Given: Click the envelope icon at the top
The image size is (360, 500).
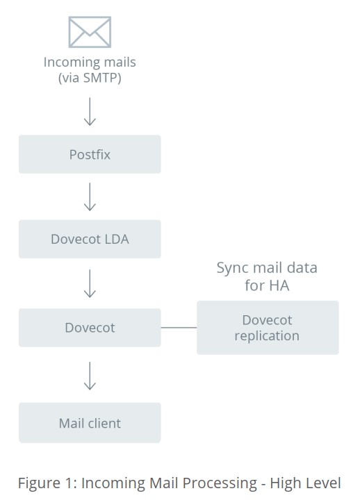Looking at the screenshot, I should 90,33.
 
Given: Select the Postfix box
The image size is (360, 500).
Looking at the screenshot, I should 90,154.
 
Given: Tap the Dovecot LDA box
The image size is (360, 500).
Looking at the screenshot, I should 90,239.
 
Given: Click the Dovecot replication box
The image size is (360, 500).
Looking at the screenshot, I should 268,328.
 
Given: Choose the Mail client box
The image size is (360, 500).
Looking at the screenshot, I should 90,423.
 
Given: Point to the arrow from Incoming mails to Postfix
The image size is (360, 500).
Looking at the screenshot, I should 90,111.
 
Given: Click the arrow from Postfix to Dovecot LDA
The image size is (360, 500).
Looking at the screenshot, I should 90,197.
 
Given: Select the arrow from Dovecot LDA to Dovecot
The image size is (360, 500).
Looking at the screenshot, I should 90,283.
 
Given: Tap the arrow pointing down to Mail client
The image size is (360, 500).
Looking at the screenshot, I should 90,376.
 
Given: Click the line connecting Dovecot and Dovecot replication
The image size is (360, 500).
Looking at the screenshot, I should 179,327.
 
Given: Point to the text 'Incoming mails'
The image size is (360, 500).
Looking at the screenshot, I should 90,62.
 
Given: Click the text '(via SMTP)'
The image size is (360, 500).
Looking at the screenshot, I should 90,78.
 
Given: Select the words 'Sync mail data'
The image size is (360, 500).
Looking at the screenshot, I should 267,268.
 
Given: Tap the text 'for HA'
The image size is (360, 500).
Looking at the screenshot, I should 267,285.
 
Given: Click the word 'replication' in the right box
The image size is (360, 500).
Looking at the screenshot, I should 267,336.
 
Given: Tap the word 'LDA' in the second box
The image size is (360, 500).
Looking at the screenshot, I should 116,239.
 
